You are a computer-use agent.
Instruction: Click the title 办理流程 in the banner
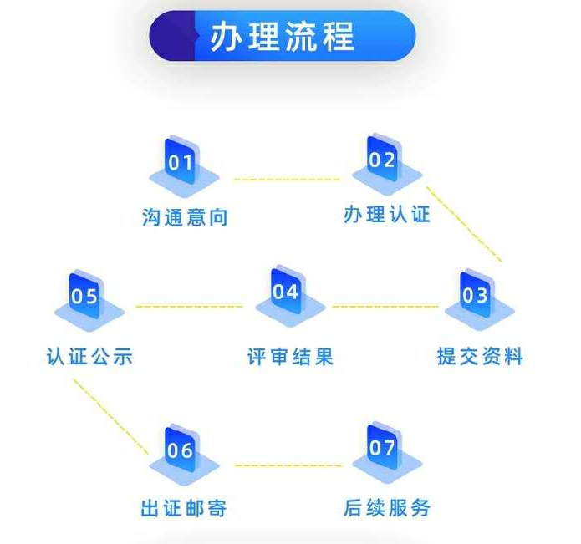pos(283,36)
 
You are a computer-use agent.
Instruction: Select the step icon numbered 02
pos(387,164)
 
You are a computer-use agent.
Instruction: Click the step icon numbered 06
pos(184,455)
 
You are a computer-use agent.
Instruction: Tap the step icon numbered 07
pos(387,452)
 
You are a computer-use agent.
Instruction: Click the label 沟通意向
pos(185,217)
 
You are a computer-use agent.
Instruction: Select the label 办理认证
pos(387,214)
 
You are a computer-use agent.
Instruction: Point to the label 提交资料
pos(480,356)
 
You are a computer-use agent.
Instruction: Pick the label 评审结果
pos(291,357)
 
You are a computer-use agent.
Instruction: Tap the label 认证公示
pos(89,356)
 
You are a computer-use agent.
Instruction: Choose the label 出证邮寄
pos(184,508)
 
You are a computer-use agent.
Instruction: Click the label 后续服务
pos(387,507)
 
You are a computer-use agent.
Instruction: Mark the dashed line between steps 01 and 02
pos(287,180)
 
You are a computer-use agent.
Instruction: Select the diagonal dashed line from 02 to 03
pos(464,224)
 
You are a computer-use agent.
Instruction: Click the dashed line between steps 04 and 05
pos(189,306)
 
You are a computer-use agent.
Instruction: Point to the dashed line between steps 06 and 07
pos(288,465)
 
